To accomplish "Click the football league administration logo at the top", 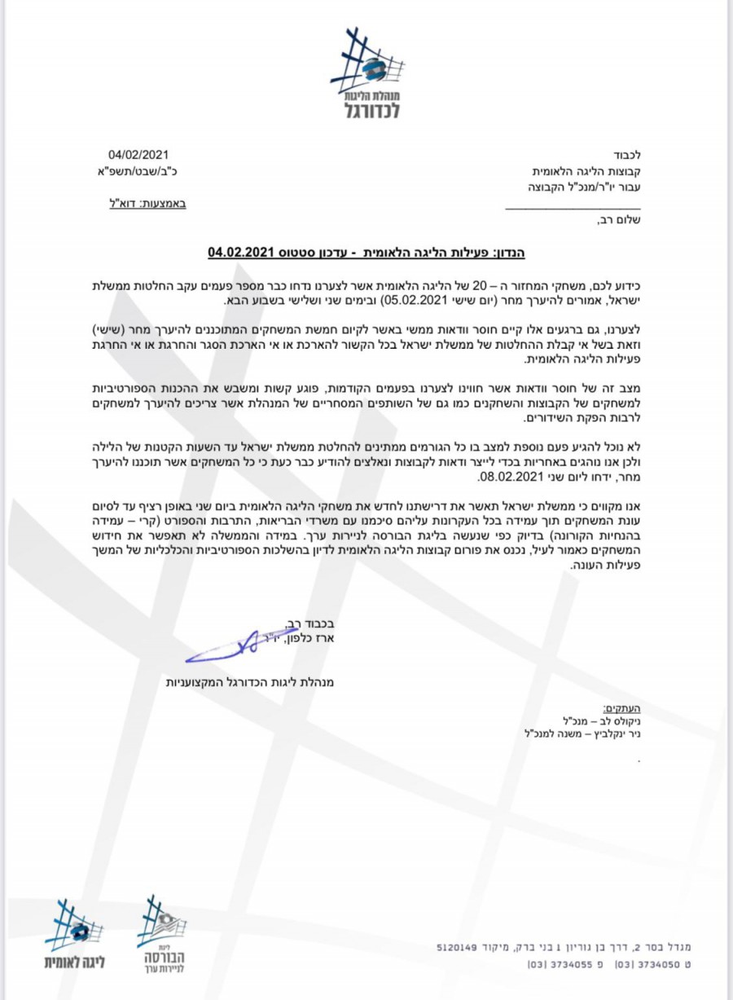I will point(371,73).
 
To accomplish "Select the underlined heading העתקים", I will point(618,709).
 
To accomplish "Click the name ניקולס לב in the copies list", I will point(619,722).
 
